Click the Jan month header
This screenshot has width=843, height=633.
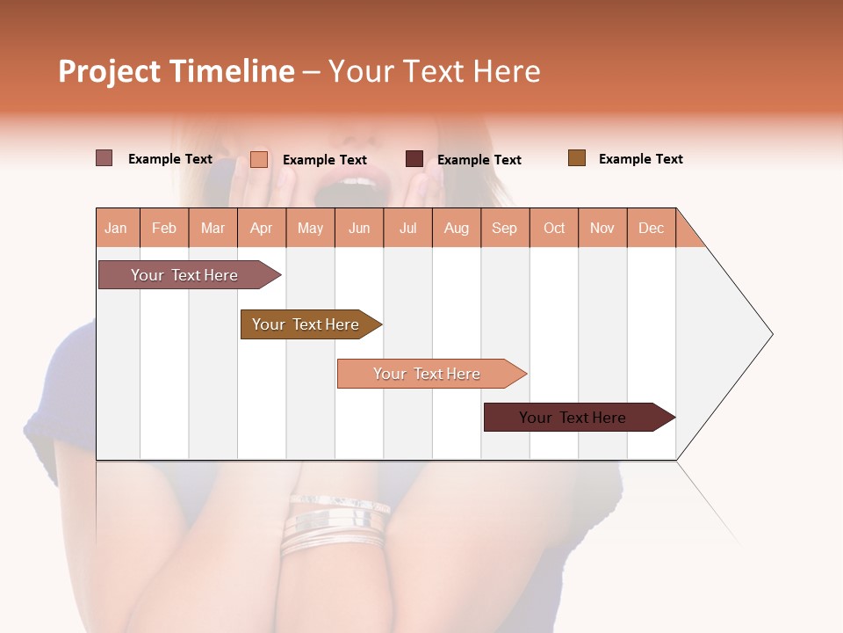coord(116,228)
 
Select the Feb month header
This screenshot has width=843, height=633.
coord(164,228)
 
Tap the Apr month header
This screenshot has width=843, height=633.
coord(261,228)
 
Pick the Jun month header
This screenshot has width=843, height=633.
coord(359,228)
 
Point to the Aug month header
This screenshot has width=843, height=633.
coord(456,228)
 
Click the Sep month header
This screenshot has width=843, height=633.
coord(504,228)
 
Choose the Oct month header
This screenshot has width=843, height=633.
coord(554,228)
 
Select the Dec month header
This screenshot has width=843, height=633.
coord(651,228)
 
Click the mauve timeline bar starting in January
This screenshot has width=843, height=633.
coord(184,275)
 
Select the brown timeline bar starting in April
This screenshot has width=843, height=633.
coord(306,324)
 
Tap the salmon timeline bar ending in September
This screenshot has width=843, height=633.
coord(427,374)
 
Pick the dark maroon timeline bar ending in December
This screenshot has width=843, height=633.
coord(573,418)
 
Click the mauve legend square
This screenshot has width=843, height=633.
coord(104,158)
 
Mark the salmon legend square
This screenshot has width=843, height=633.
coord(259,159)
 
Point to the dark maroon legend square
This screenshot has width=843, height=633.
coord(414,159)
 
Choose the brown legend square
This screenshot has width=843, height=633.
coord(577,158)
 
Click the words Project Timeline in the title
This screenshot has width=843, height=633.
coord(177,71)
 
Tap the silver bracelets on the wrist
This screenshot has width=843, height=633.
coord(336,524)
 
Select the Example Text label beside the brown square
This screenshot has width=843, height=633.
coord(640,159)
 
